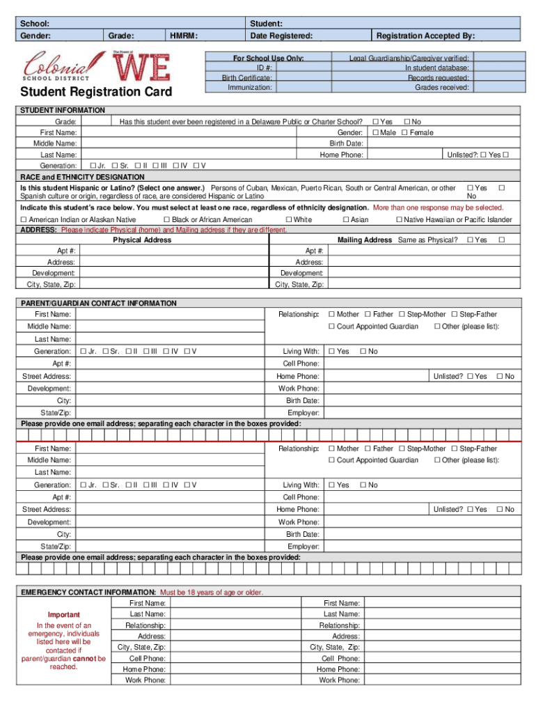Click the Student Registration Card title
click(x=95, y=93)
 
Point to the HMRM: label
click(x=184, y=36)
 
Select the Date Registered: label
click(x=281, y=36)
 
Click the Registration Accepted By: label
click(x=425, y=36)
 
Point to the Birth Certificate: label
click(x=247, y=78)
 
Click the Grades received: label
click(x=442, y=88)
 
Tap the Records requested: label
click(x=439, y=78)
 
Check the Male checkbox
click(x=375, y=132)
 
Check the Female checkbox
click(x=404, y=132)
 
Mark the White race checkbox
click(x=289, y=220)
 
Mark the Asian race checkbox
click(x=345, y=220)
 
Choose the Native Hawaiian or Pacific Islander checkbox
click(x=399, y=220)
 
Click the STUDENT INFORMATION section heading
click(x=63, y=110)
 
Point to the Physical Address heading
click(x=142, y=240)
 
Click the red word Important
click(x=63, y=615)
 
